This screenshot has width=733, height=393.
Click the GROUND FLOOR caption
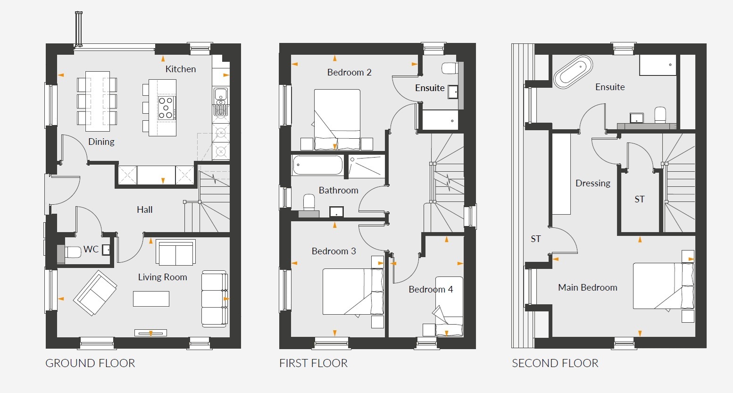click(90, 363)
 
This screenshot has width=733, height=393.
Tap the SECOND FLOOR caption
click(555, 363)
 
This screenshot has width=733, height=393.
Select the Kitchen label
click(181, 69)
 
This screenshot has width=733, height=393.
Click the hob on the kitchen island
click(166, 108)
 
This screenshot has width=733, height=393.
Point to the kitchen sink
click(221, 95)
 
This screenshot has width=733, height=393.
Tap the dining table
click(97, 101)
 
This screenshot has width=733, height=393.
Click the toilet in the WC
click(73, 252)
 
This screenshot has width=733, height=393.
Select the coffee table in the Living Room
click(151, 299)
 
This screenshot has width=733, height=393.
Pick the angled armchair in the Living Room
click(95, 293)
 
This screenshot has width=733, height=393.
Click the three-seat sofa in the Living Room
click(214, 299)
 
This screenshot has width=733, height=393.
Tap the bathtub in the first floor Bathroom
click(318, 165)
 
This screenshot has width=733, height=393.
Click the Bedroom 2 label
click(350, 72)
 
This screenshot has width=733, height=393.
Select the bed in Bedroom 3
click(353, 292)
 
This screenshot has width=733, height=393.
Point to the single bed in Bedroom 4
click(449, 306)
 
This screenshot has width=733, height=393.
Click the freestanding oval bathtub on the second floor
click(573, 72)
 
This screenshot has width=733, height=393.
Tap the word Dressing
click(593, 183)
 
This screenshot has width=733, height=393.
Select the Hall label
click(145, 209)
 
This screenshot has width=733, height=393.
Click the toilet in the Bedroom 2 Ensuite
click(450, 68)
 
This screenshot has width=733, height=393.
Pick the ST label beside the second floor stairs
click(640, 199)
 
